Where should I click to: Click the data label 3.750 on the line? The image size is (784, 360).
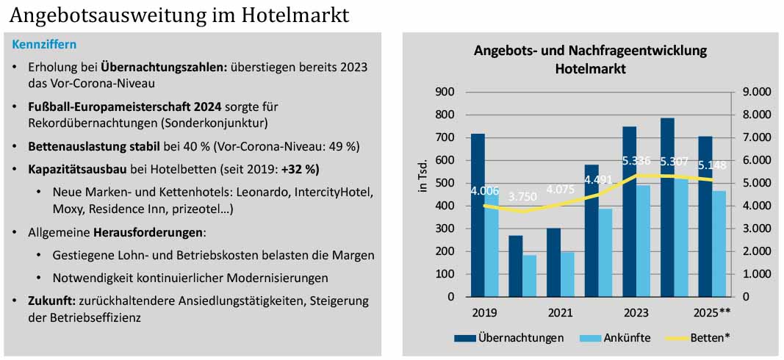coord(522,197)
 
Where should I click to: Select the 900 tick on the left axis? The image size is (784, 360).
coord(446,92)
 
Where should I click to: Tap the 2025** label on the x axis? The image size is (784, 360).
coord(712,312)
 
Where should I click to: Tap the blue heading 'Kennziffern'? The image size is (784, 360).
coord(44,45)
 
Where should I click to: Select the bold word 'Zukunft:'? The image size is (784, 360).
coord(47,301)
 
